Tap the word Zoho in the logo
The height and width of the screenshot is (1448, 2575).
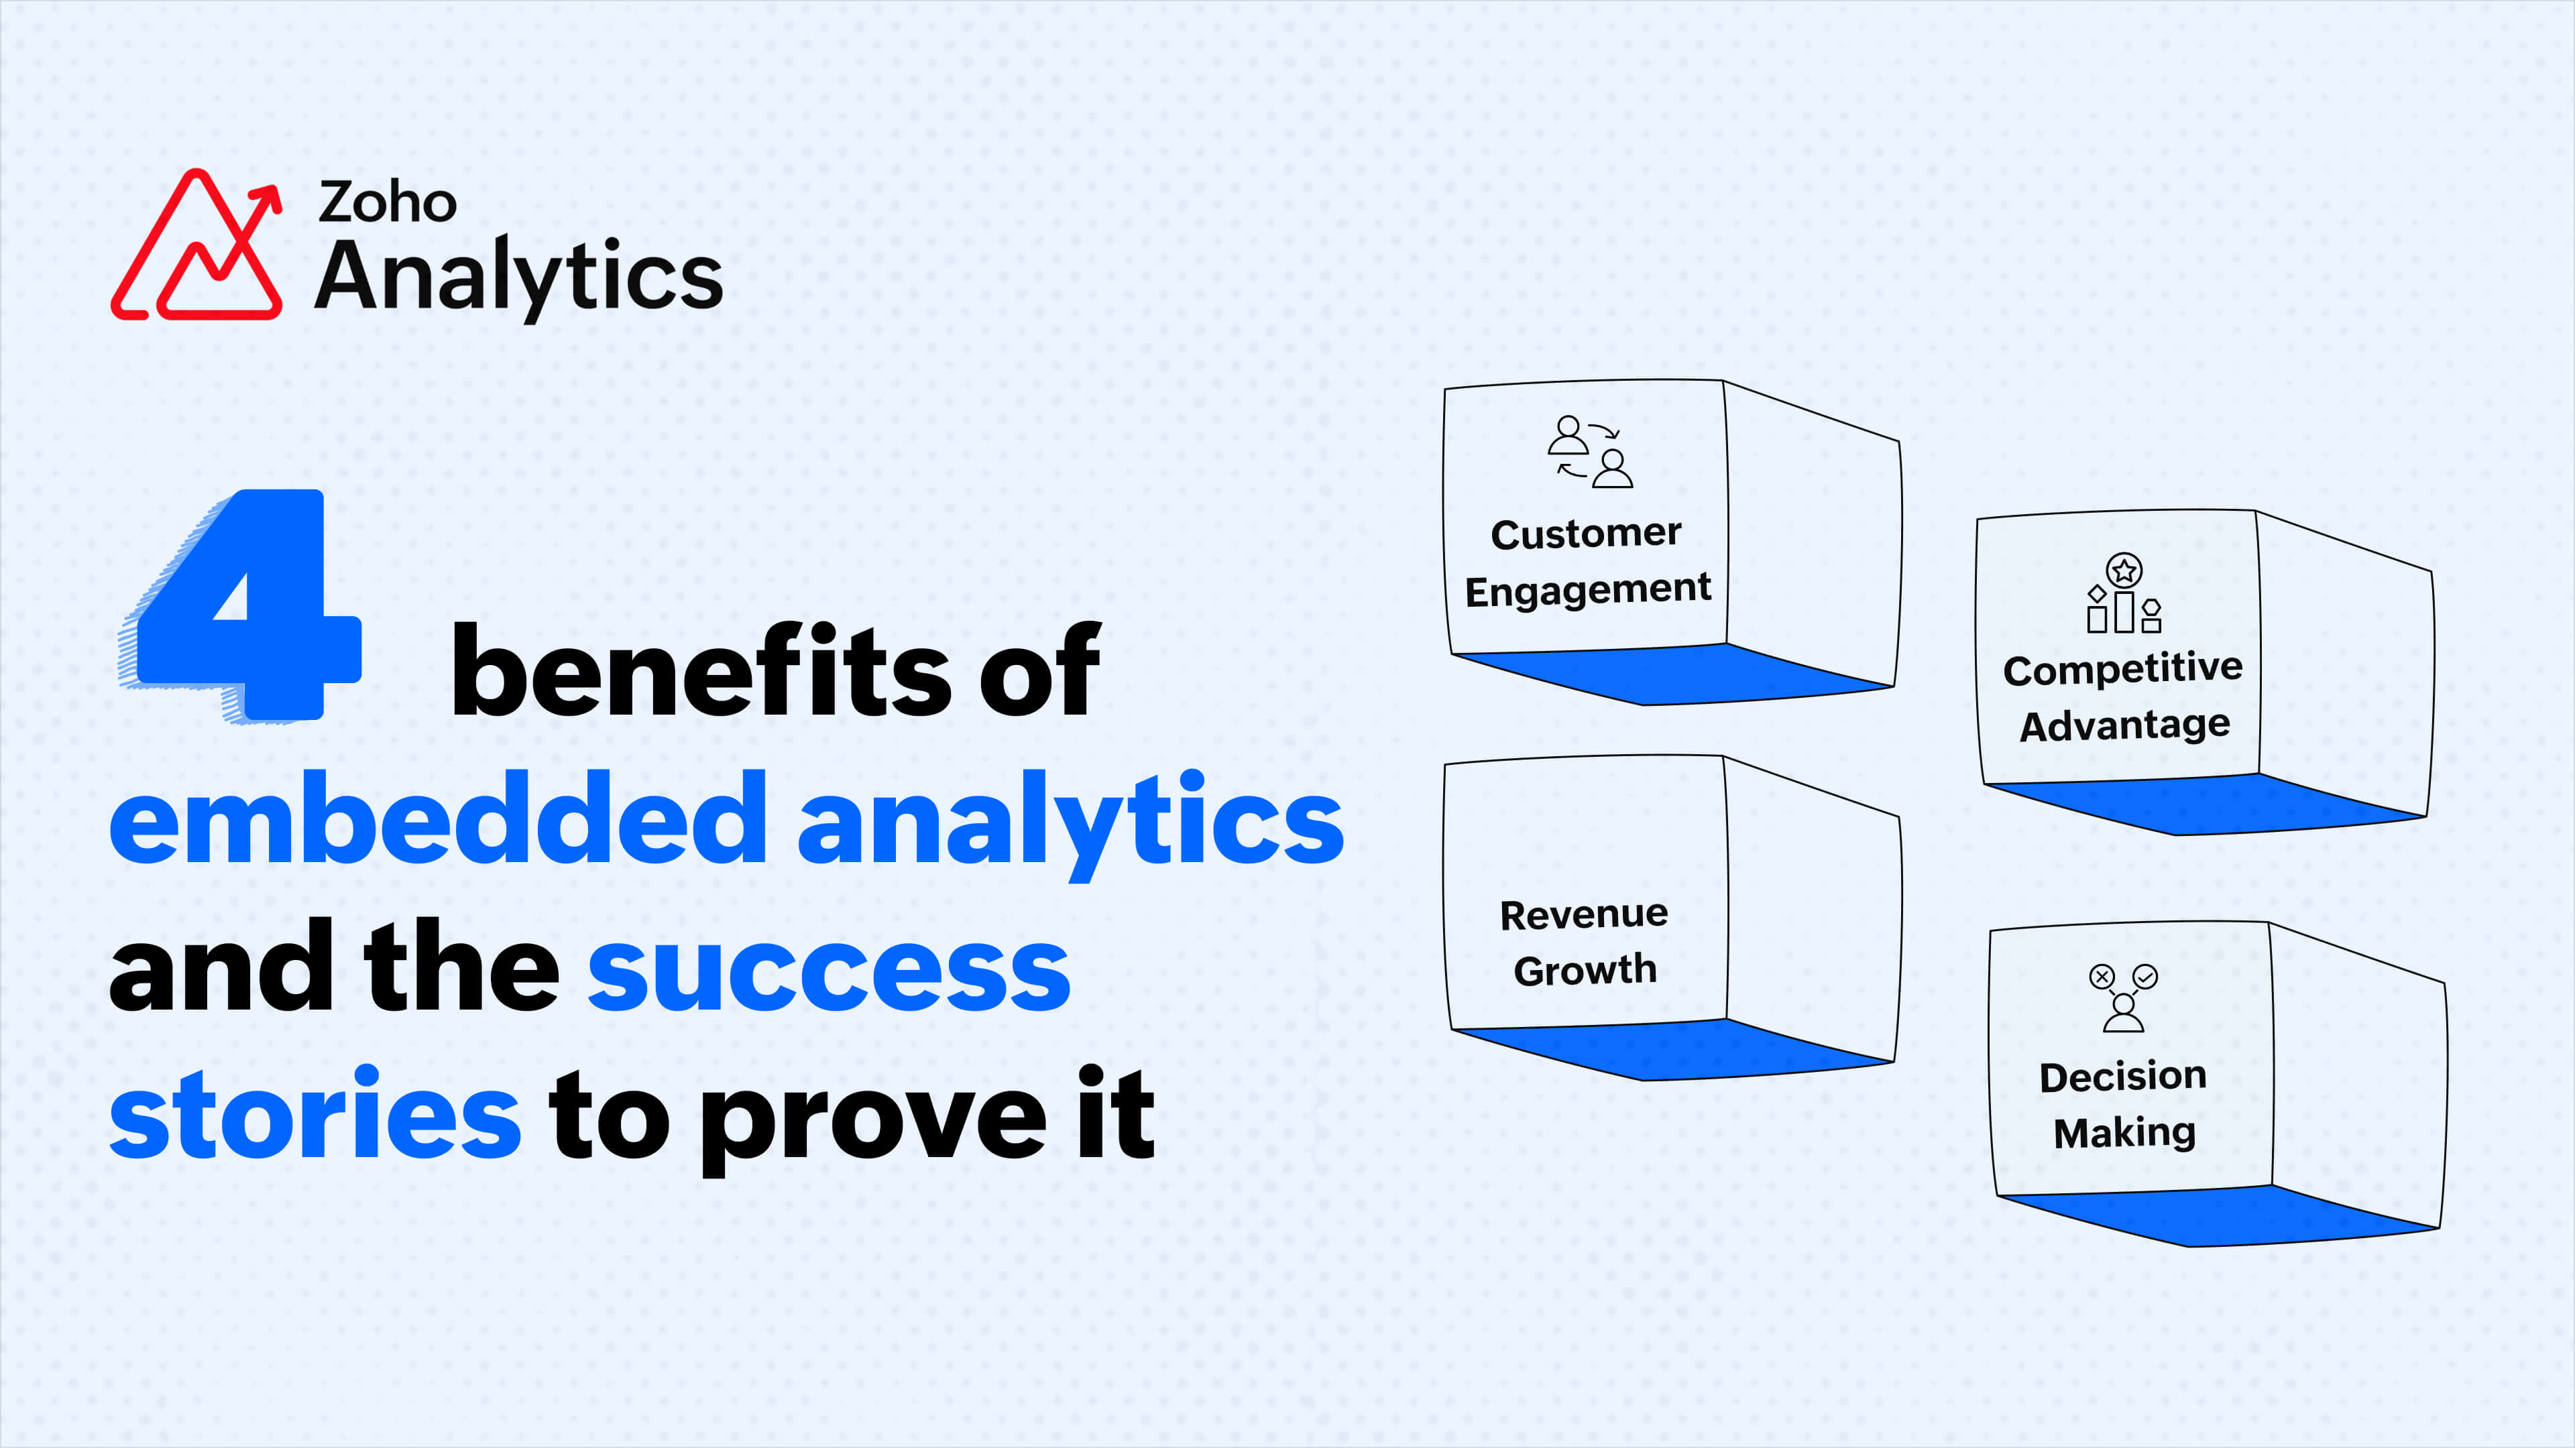(388, 203)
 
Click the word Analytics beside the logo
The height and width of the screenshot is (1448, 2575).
(518, 277)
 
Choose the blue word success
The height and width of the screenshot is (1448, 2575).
(829, 967)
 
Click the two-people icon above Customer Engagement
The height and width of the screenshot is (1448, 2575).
(1589, 452)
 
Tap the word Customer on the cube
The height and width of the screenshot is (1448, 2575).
(1587, 534)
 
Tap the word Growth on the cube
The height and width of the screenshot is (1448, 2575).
(1585, 969)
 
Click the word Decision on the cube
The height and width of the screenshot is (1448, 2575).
(2123, 1076)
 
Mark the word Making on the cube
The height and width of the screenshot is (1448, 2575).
(2124, 1133)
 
